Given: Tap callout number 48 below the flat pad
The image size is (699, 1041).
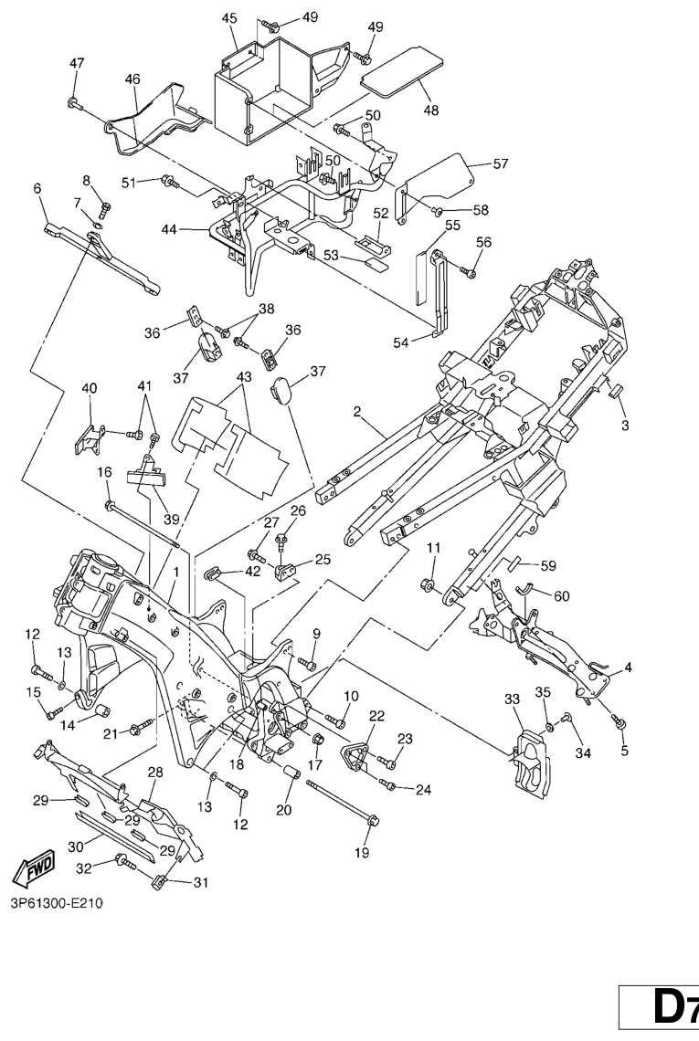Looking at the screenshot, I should [430, 110].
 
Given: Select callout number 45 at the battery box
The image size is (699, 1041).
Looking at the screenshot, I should [229, 18].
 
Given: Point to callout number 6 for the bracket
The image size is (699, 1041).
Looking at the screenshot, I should [37, 188].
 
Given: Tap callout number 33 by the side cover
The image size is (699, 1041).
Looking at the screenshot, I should [512, 699].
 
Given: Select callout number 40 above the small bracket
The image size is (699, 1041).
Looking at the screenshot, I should [89, 388].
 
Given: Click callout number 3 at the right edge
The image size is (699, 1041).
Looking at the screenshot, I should [625, 426].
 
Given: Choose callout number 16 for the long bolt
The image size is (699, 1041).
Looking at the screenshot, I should [104, 472].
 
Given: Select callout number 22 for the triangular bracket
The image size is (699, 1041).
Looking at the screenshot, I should [376, 715].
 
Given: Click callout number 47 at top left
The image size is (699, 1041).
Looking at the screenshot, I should [77, 62].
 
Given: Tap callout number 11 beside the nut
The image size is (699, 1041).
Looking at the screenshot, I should [434, 548].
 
